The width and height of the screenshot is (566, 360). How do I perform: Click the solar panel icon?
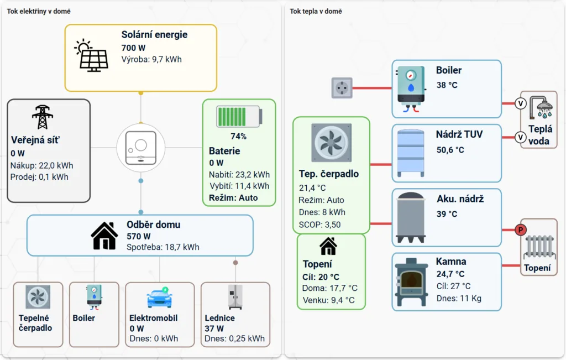92,56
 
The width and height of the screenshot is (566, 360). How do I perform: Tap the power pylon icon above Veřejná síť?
42,117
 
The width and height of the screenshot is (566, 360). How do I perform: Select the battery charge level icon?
239,117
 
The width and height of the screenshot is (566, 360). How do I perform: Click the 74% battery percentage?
239,137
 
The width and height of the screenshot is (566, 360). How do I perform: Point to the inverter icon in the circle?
141,148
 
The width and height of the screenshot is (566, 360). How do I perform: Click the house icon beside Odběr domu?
104,236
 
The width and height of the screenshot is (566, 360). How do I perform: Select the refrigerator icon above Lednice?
235,297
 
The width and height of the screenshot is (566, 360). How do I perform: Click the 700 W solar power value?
133,48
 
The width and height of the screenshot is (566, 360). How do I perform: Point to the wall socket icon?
342,88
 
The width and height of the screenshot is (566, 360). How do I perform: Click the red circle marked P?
520,229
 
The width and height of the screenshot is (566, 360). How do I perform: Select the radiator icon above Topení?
539,248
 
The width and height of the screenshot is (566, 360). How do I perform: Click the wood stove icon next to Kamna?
411,282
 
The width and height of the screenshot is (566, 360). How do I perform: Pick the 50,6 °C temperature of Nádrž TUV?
450,150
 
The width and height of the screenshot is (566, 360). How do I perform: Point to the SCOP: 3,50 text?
320,225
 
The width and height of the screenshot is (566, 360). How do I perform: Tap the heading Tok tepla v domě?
316,11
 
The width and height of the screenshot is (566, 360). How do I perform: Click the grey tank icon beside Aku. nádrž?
411,218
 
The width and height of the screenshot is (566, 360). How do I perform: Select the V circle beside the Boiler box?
520,103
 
